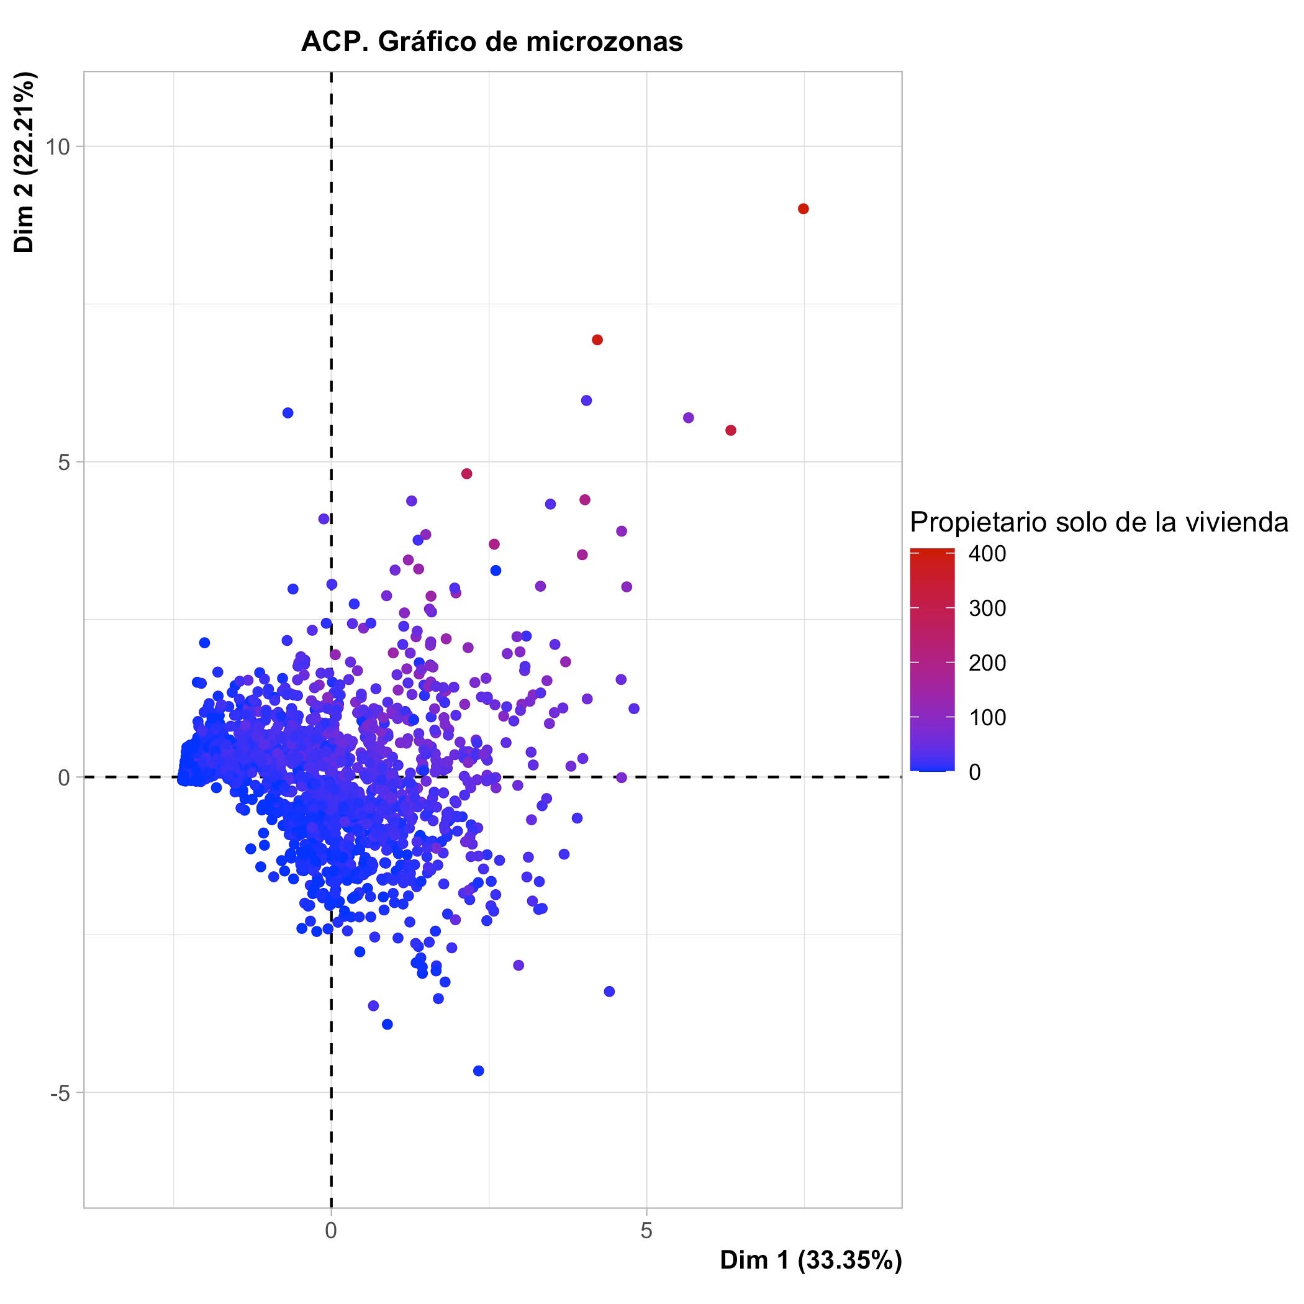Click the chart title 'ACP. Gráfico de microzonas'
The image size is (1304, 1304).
coord(492,42)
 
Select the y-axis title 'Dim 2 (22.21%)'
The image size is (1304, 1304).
coord(24,162)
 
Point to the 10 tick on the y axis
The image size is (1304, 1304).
coord(60,147)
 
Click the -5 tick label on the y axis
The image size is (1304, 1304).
coord(60,1093)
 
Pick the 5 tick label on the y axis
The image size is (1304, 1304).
coord(65,463)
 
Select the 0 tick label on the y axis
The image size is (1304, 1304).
coord(65,777)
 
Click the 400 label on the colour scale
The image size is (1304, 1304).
coord(987,554)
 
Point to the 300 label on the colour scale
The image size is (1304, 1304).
coord(987,609)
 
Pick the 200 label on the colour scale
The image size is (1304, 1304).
coord(987,663)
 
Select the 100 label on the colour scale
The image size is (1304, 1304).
coord(987,717)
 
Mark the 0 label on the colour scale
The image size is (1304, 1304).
coord(975,771)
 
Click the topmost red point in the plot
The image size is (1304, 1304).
coord(803,209)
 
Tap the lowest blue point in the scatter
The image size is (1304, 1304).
coord(479,1071)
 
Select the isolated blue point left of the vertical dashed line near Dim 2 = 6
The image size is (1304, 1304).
coord(288,412)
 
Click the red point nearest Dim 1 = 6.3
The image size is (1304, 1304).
coord(730,430)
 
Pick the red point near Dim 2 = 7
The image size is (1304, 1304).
coord(597,340)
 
